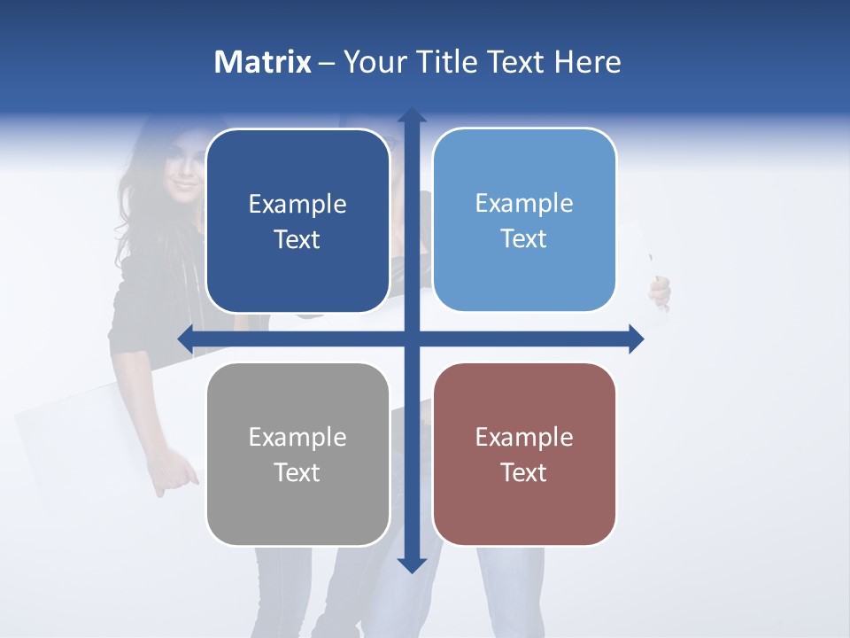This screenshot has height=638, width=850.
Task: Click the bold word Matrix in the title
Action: [x=263, y=62]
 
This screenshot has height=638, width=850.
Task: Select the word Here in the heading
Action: [x=587, y=62]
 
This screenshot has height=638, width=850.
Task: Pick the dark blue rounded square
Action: [x=297, y=221]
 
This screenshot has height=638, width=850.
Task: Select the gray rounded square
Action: [x=297, y=454]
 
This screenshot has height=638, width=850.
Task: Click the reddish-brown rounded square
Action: [x=524, y=454]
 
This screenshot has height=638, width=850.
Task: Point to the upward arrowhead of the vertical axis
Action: [x=411, y=115]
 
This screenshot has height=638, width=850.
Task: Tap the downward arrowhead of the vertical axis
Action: [x=411, y=564]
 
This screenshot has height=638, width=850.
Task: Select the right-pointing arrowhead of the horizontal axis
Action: [x=635, y=338]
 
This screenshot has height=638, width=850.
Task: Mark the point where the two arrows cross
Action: [x=411, y=338]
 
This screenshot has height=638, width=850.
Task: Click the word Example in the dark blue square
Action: [x=297, y=204]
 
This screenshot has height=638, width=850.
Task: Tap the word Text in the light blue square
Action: [x=524, y=238]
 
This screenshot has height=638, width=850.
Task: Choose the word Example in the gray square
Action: [x=297, y=437]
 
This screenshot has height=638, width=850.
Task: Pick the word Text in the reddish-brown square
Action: [x=524, y=472]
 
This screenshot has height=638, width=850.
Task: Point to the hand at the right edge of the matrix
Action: [x=661, y=291]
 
